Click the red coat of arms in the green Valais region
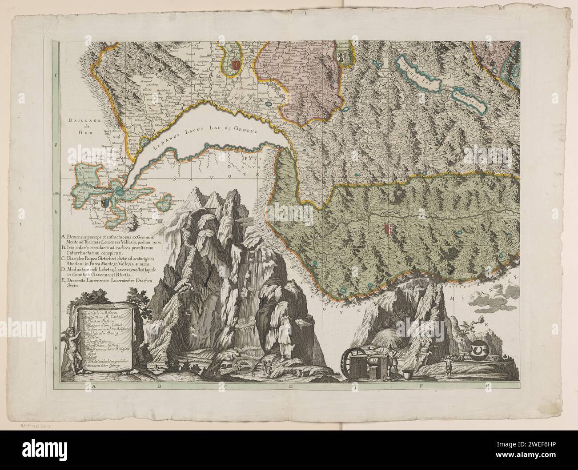coord(386,229)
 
